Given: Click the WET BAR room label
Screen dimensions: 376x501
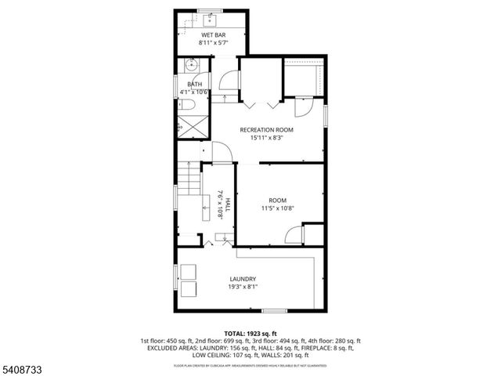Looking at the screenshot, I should point(214,35).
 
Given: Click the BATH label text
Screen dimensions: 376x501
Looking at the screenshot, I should point(194,84).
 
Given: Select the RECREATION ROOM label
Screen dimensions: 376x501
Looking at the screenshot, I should point(266,129).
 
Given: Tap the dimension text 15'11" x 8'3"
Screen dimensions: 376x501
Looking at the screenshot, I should point(266,138).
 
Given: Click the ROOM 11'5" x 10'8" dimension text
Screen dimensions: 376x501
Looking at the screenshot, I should point(277,208).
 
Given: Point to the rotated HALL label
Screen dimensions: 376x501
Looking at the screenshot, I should point(228,205).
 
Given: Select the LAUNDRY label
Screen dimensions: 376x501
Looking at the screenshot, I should point(243,279).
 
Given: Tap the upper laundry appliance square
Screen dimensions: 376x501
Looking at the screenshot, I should point(189,272).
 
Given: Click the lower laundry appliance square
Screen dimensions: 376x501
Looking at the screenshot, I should point(189,290).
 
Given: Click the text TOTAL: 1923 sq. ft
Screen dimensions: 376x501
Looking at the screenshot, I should point(250,334).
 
